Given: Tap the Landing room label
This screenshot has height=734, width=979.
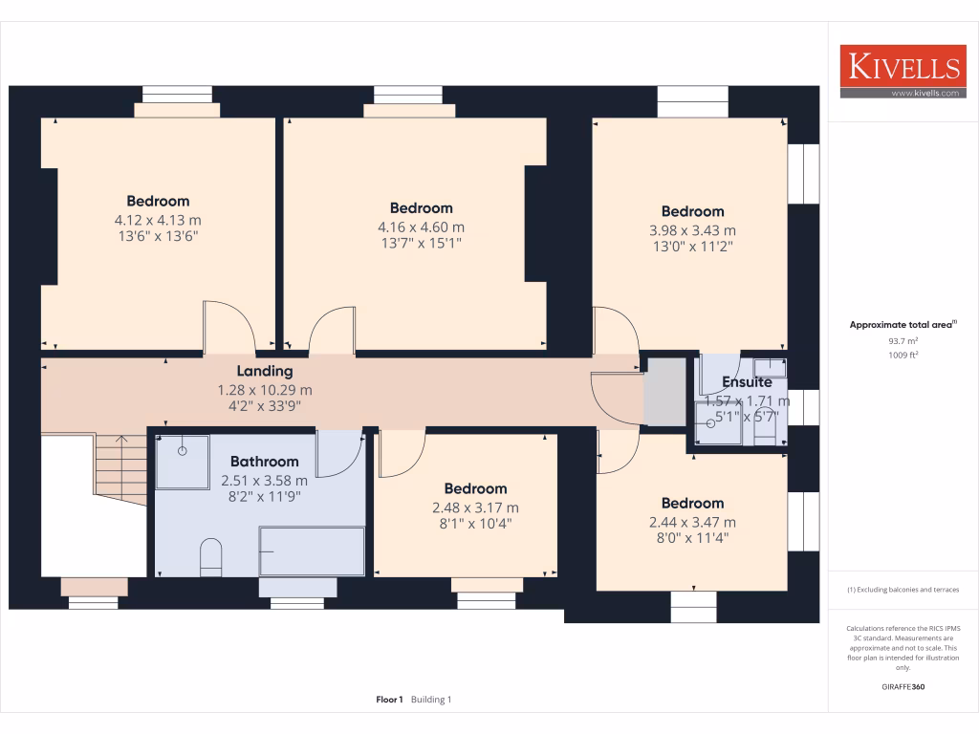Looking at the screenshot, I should [265, 371].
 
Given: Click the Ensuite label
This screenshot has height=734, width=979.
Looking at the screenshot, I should [747, 382].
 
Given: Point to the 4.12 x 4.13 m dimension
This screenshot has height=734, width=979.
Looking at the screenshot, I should [158, 219].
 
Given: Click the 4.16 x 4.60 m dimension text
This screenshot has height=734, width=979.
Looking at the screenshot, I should [421, 227].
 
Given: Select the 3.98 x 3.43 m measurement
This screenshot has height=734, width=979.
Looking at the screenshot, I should [692, 230].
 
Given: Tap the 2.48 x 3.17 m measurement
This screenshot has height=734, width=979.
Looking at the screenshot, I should [475, 507].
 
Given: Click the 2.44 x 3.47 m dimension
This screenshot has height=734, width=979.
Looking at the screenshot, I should [692, 522].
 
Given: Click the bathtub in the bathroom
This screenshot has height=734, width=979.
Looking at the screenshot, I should [312, 550].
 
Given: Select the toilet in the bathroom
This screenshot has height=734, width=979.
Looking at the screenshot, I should [211, 558].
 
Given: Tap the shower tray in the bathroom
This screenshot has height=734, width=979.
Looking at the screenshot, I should [182, 462].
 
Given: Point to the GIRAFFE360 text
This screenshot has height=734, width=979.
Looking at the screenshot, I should [903, 686].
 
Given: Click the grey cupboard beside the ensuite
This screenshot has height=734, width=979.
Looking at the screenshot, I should [666, 392].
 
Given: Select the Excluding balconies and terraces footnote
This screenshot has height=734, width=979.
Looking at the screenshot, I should [903, 590].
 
